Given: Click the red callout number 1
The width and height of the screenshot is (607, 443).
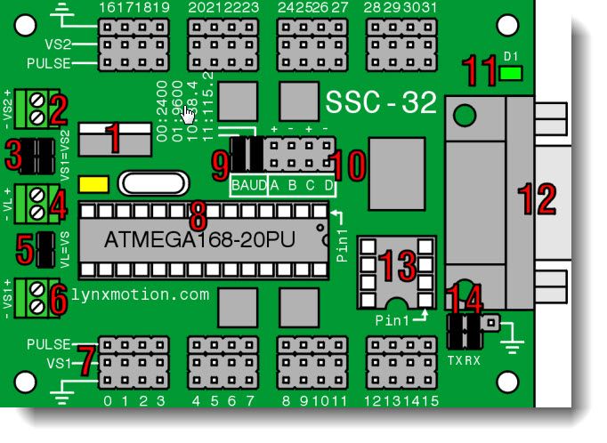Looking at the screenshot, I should tap(112, 139).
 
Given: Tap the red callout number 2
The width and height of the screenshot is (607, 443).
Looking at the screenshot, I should tap(59, 110).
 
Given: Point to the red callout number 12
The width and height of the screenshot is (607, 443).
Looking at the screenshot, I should tap(538, 197).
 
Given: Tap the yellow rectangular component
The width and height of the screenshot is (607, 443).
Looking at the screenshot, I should tap(93, 185).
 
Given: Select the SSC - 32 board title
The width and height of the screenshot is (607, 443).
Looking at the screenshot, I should tap(381, 102).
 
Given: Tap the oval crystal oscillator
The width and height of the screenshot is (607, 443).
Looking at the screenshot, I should tap(153, 185).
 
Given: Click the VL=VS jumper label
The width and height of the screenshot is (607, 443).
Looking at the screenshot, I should tap(65, 250).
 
